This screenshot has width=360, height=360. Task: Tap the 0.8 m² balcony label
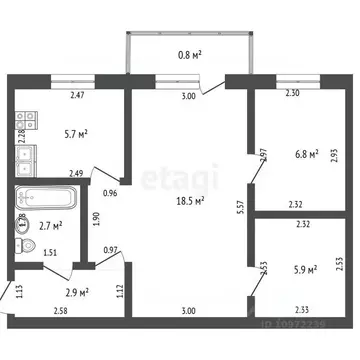point(190,55)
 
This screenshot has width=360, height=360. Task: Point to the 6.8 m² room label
point(305,154)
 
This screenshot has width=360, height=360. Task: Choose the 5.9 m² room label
point(304,269)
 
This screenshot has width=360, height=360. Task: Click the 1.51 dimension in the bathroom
point(50,253)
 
